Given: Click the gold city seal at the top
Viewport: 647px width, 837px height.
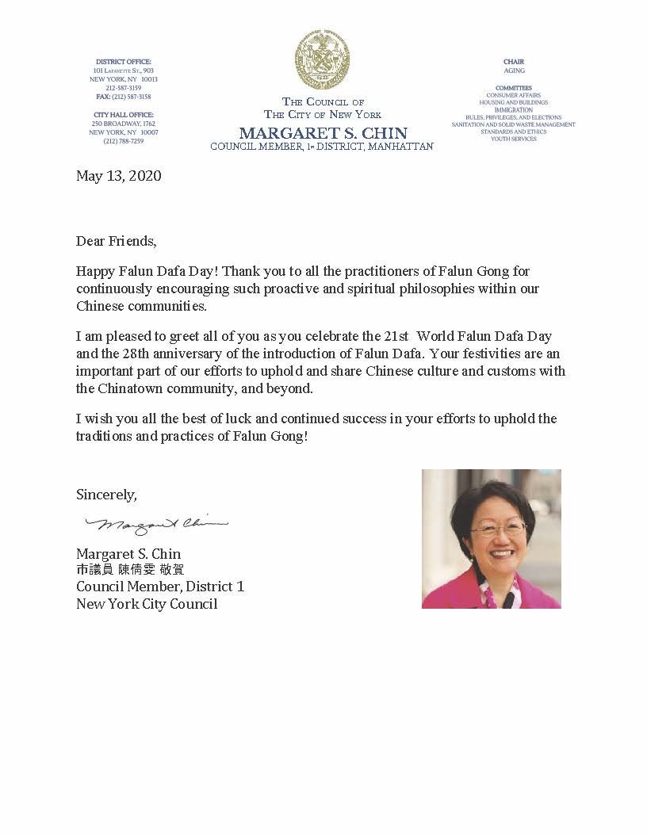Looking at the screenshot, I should (322, 59).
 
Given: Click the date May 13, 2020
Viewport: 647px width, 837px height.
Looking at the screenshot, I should (119, 176).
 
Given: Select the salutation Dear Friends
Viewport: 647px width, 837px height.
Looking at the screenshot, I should (117, 240).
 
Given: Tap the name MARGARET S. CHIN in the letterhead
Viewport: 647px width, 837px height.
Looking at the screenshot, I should (323, 132).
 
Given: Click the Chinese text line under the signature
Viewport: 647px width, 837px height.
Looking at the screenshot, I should (130, 570).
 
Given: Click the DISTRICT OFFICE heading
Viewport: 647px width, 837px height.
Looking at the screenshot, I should (123, 62).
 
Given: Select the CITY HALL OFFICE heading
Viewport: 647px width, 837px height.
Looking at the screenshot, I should (123, 115).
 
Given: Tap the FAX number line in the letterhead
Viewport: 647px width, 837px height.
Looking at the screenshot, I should (123, 97).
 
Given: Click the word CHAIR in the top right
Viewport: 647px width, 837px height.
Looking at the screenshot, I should (514, 62).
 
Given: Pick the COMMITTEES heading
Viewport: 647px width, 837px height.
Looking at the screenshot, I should (514, 88).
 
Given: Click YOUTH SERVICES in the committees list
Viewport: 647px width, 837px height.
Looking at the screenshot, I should (514, 139).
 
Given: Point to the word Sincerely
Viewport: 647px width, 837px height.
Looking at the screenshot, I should (106, 495).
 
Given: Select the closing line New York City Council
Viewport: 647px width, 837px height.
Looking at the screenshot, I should (147, 604).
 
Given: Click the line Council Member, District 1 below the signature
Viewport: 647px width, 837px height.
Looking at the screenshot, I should (160, 587).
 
